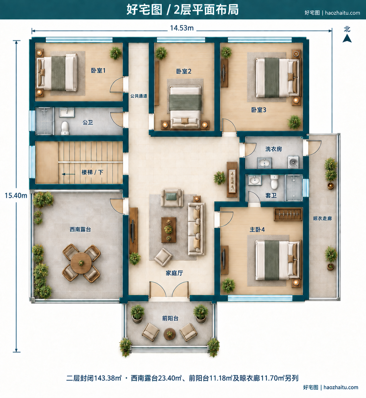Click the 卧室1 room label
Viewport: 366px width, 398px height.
[x=98, y=71]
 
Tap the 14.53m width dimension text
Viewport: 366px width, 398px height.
[x=182, y=28]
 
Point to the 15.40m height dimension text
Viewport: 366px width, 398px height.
[x=16, y=196]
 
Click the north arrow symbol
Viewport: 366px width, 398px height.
[x=347, y=38]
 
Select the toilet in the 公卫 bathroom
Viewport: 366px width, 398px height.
[x=65, y=128]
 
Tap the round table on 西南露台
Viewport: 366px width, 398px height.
[x=81, y=263]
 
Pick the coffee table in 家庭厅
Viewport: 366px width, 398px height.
[x=169, y=230]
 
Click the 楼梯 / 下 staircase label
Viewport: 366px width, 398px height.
[x=93, y=172]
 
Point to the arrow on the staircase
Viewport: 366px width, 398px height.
[x=69, y=174]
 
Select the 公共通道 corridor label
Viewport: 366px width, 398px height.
[x=139, y=96]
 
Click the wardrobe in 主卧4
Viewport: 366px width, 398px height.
[x=288, y=214]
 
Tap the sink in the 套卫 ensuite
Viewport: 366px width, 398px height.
[x=254, y=180]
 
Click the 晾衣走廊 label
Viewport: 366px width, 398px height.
[x=322, y=218]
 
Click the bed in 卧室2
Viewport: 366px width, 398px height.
[x=185, y=107]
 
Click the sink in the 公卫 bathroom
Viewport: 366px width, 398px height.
[x=67, y=112]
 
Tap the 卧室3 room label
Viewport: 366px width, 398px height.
[x=259, y=110]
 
